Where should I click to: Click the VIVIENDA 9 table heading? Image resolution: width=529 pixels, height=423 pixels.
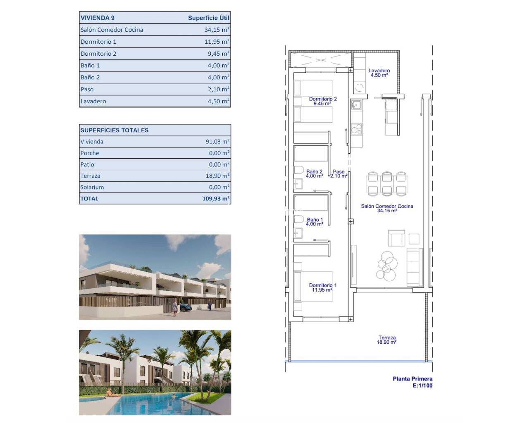click(98, 18)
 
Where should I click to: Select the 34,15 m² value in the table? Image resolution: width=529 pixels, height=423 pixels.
click(217, 30)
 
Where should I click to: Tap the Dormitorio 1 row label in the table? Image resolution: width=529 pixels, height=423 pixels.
click(98, 42)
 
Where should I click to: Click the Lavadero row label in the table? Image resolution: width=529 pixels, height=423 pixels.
click(93, 101)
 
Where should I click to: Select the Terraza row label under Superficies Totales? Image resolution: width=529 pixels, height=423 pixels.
click(90, 176)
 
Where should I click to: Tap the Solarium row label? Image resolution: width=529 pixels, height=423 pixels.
click(92, 187)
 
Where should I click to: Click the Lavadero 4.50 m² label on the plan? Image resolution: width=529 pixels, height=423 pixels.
click(379, 73)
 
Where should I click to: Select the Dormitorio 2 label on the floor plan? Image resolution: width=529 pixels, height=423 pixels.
click(323, 101)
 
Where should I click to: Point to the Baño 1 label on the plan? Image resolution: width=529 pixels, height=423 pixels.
click(315, 222)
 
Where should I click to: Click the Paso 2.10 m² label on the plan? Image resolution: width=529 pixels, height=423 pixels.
click(338, 174)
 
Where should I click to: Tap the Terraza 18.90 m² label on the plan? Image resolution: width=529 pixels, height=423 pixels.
click(386, 340)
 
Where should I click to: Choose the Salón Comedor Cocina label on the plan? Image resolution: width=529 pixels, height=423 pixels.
click(387, 208)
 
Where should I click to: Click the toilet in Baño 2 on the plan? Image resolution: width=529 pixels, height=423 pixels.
click(298, 170)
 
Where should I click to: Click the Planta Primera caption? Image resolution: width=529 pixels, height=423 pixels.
click(412, 379)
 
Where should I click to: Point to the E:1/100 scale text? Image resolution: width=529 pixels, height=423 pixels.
click(422, 386)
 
